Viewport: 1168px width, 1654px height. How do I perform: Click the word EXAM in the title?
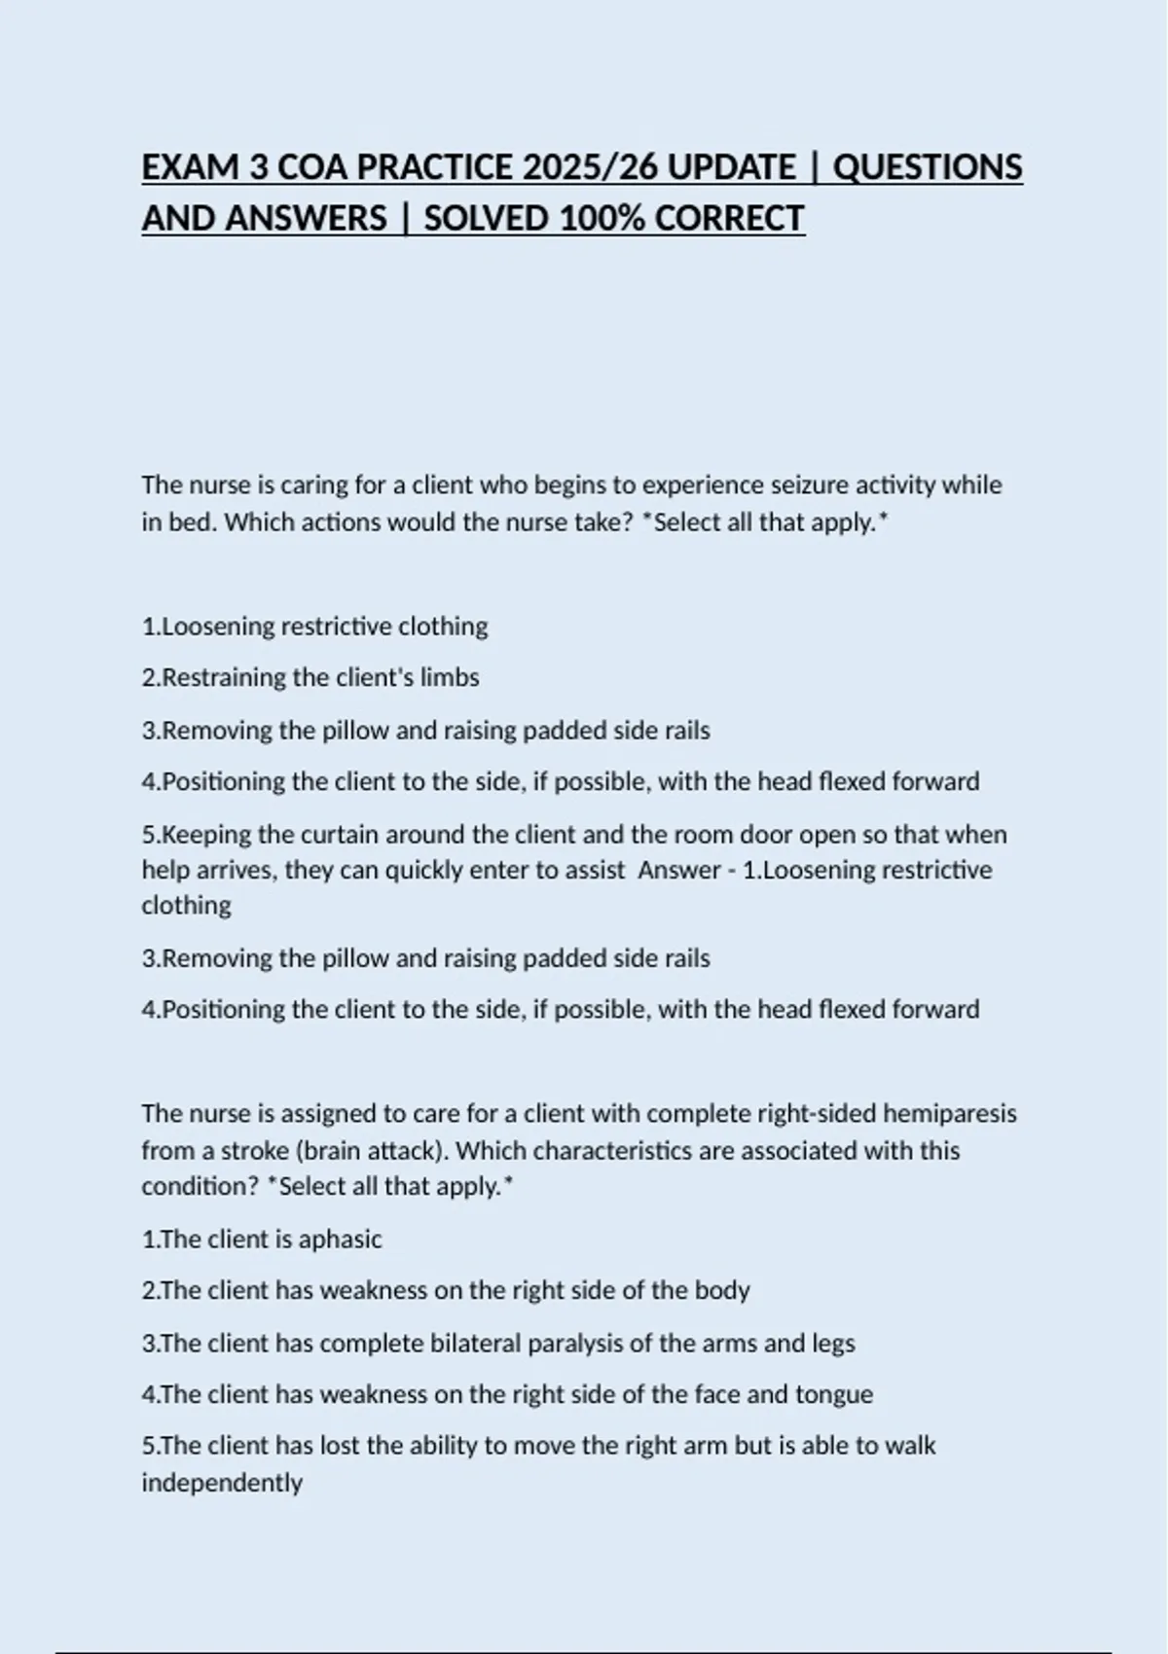[x=191, y=167]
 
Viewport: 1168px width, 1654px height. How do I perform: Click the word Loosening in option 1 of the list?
[x=218, y=626]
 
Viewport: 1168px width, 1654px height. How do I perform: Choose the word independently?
[x=222, y=1483]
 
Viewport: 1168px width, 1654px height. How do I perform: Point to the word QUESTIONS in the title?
[x=928, y=167]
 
